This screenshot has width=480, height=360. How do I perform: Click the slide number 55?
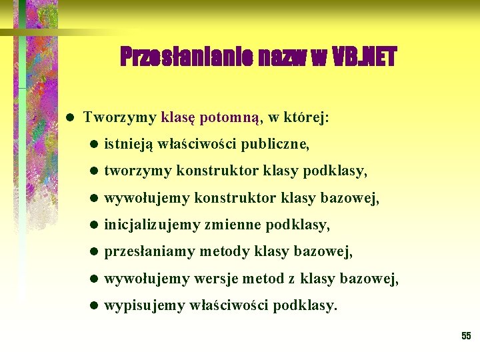pos(466,336)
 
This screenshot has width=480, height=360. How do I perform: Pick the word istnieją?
pos(129,143)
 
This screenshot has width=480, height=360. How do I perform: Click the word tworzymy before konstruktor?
pos(137,171)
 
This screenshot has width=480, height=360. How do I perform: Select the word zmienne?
pos(231,225)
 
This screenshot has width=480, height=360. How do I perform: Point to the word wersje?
pos(215,279)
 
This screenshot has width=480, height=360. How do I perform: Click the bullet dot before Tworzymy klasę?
pos(70,117)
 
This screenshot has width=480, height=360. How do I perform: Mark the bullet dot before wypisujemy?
pos(94,307)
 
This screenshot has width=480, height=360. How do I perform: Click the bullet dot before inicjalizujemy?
pos(94,225)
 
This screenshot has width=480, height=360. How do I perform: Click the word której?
pos(307,117)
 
